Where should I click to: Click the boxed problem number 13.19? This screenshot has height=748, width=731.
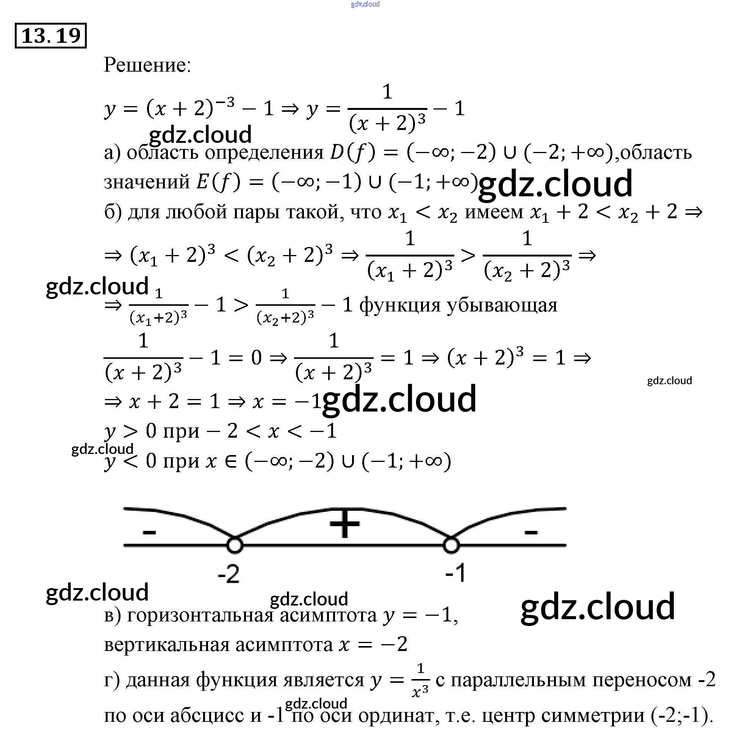click(x=51, y=36)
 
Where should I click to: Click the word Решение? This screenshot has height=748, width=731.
click(x=147, y=64)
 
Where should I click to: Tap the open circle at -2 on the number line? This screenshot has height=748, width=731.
click(x=235, y=545)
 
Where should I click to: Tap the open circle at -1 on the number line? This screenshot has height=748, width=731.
click(x=451, y=545)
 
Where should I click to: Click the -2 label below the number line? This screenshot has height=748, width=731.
click(x=229, y=574)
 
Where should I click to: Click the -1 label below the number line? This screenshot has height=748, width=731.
click(x=456, y=573)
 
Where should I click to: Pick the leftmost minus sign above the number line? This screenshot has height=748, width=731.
click(x=149, y=532)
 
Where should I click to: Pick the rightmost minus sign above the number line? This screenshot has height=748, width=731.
click(x=531, y=532)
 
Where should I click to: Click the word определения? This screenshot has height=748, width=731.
click(x=264, y=153)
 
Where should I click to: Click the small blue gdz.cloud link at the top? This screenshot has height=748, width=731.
click(x=365, y=4)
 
